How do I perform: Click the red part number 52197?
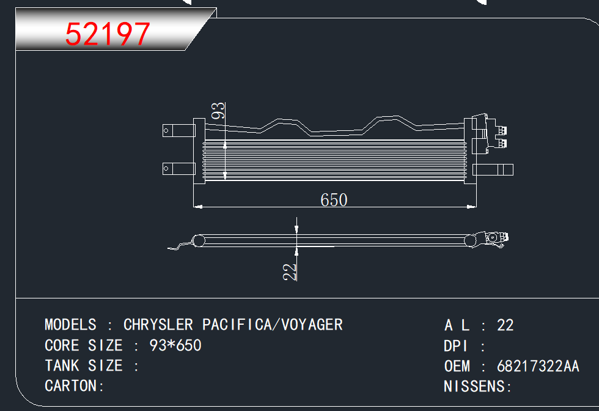click(x=108, y=34)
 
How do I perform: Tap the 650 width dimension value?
click(x=334, y=200)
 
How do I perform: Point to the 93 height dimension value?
click(x=218, y=111)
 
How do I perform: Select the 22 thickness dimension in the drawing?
click(x=290, y=272)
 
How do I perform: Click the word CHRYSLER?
click(x=158, y=325)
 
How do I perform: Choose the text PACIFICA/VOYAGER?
click(x=273, y=325)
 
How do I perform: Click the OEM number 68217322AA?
click(x=538, y=366)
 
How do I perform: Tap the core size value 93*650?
click(x=175, y=345)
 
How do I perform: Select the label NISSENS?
click(x=474, y=387)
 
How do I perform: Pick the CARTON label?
click(x=71, y=386)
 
